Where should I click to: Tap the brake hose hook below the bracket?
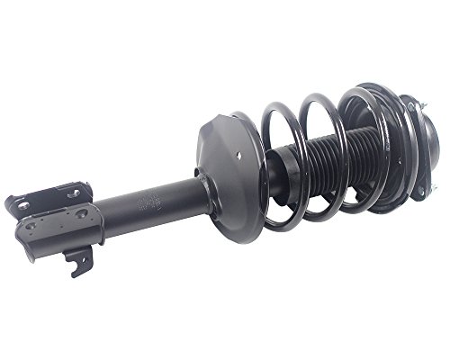coord(79,261)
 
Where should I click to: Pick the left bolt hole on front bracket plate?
coord(31,226)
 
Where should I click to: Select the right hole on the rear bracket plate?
coord(75,192)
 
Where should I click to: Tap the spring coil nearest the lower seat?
coord(247,171)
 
